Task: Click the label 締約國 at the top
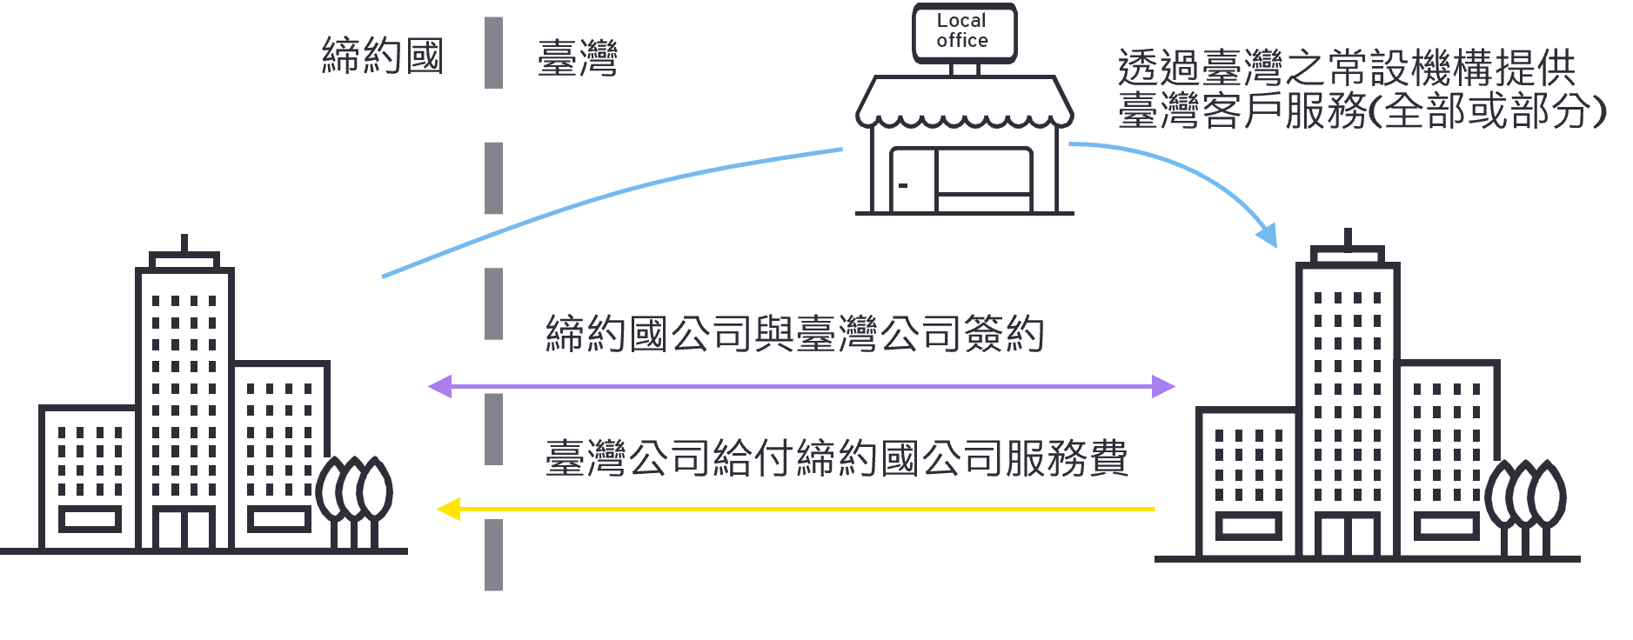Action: pyautogui.click(x=383, y=56)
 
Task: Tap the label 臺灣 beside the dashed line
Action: pyautogui.click(x=578, y=57)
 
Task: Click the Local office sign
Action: pyautogui.click(x=963, y=32)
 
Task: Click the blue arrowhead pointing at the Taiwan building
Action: pyautogui.click(x=1268, y=235)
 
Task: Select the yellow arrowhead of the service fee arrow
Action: pyautogui.click(x=448, y=509)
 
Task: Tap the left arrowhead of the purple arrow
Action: pyautogui.click(x=440, y=386)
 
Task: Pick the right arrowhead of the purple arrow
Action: pyautogui.click(x=1163, y=386)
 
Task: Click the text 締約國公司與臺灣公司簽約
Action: pyautogui.click(x=794, y=334)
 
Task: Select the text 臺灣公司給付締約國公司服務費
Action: pyautogui.click(x=836, y=457)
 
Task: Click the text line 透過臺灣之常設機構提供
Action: pyautogui.click(x=1346, y=68)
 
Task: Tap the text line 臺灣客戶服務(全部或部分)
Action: pyautogui.click(x=1362, y=111)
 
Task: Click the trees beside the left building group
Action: pyautogui.click(x=354, y=497)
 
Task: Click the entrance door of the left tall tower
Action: pyautogui.click(x=184, y=528)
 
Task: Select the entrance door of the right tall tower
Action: pyautogui.click(x=1347, y=534)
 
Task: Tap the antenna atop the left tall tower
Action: pyautogui.click(x=184, y=243)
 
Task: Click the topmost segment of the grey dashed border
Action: pyautogui.click(x=493, y=52)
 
